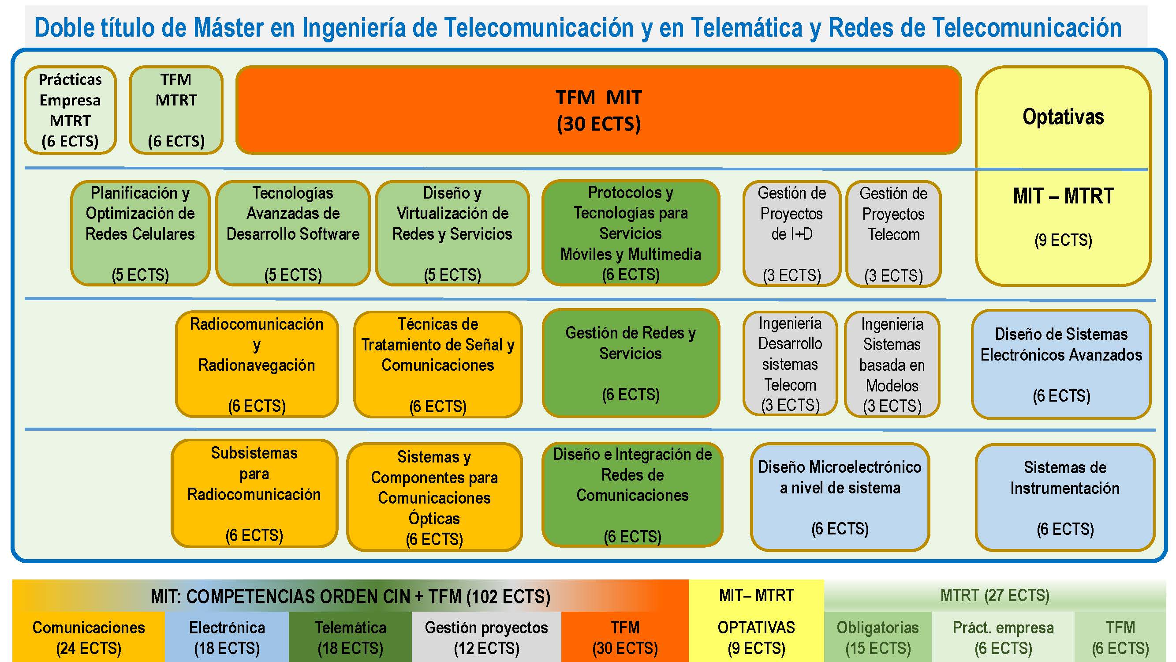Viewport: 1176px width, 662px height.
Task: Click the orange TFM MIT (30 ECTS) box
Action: [598, 110]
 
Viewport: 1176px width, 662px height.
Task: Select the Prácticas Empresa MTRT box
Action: [70, 110]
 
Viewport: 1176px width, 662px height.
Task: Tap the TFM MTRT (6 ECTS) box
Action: [176, 110]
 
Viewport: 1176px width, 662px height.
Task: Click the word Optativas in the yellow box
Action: [1063, 117]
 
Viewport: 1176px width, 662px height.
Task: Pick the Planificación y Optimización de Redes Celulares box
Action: [140, 233]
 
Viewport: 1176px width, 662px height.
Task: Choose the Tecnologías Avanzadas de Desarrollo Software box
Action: [293, 233]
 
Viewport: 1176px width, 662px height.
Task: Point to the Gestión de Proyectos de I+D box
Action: [791, 233]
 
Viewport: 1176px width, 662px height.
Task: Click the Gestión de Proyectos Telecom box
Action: [893, 233]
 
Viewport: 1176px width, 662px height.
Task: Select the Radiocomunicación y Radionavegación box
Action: [257, 364]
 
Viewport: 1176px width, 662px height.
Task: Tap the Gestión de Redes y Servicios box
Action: [631, 363]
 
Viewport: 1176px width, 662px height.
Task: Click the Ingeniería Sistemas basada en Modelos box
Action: [892, 364]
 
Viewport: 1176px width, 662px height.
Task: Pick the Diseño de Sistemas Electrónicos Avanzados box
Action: [1061, 364]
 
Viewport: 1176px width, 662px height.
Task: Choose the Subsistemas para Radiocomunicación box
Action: [254, 493]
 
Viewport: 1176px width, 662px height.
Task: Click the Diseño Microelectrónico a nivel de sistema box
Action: [840, 497]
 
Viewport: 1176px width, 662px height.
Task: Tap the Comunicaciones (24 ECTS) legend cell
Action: [89, 637]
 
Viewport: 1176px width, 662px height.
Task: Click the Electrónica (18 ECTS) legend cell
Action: [227, 637]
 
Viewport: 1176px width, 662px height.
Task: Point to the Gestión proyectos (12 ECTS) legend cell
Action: [486, 637]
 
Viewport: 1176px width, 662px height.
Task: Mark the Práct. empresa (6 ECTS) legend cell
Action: [1003, 637]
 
